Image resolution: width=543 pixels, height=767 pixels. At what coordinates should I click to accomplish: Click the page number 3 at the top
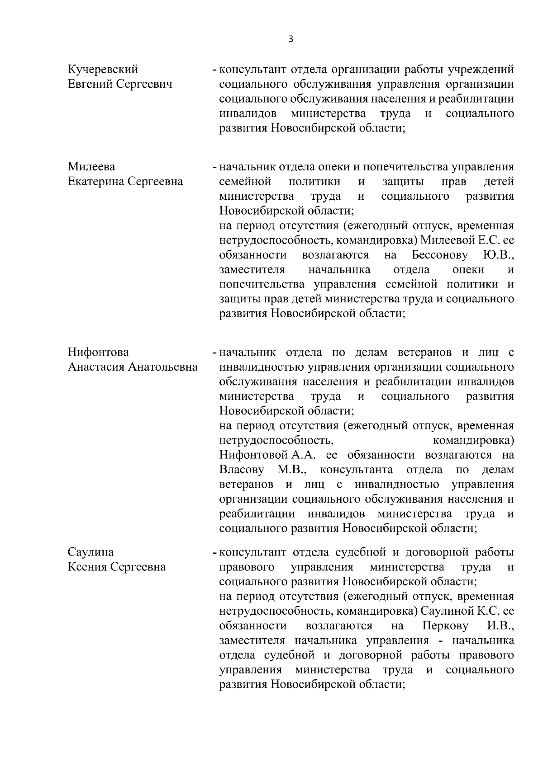(291, 39)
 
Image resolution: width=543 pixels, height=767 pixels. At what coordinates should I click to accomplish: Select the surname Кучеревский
(103, 70)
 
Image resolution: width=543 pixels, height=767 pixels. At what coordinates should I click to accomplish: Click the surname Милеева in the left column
(91, 167)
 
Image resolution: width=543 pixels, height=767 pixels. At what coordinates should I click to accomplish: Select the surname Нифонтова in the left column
(98, 352)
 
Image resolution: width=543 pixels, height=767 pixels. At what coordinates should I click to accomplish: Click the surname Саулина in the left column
(90, 552)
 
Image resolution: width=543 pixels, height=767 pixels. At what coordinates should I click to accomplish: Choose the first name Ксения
(87, 567)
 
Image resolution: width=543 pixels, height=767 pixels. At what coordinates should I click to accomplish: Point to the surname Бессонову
(440, 255)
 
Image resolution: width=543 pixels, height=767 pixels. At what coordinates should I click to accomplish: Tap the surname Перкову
(445, 626)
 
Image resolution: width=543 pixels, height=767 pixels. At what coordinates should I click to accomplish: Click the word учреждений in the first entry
(480, 70)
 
